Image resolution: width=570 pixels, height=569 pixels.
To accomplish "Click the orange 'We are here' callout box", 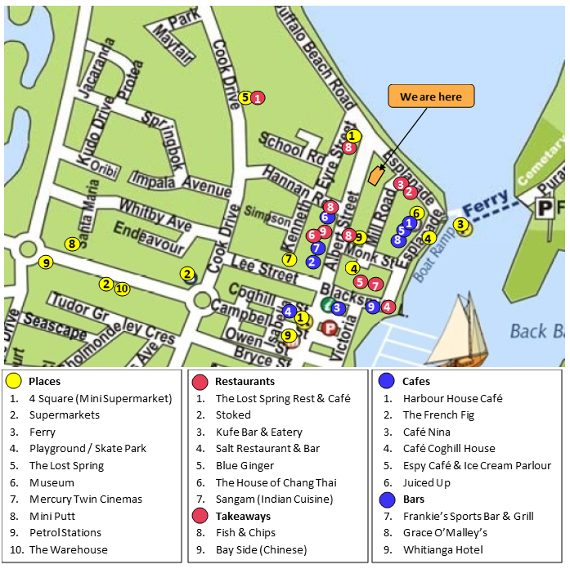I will [431, 96].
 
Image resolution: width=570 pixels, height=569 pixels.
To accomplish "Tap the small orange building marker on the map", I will [376, 175].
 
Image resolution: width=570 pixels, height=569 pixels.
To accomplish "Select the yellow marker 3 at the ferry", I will [460, 224].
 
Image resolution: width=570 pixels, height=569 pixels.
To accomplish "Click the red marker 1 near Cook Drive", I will [258, 98].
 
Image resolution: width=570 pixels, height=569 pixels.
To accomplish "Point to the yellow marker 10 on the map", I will [122, 288].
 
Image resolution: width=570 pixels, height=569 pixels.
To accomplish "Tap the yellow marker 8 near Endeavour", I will [72, 244].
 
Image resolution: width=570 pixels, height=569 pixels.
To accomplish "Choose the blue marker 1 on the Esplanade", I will [410, 223].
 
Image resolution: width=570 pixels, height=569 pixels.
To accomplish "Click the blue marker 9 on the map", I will [372, 307].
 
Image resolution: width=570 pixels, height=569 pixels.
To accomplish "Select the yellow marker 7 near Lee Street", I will [289, 259].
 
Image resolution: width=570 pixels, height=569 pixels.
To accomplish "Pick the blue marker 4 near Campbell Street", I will [289, 311].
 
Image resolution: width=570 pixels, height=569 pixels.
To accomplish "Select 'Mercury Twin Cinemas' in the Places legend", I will [85, 500].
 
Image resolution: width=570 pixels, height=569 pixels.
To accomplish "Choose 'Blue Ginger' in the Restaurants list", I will [244, 466].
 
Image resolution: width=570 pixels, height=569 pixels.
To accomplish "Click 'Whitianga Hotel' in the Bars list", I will [442, 550].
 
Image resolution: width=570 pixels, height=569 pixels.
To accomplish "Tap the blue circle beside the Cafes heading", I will [386, 382].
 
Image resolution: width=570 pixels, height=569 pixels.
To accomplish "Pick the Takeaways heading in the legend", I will [243, 517].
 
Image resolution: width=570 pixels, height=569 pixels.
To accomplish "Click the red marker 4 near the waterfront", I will [388, 307].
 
